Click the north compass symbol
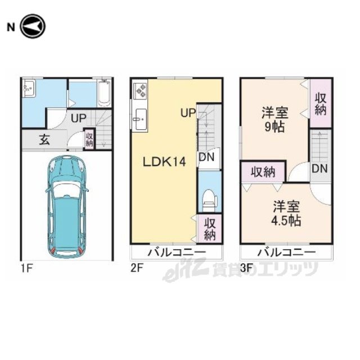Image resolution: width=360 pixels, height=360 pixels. click(x=33, y=26)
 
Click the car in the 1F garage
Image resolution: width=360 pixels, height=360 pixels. click(x=67, y=206)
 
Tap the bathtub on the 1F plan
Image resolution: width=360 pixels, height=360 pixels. click(x=104, y=93)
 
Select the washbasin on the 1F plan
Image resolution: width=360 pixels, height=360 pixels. click(x=29, y=88)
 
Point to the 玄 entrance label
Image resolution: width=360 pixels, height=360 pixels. click(x=44, y=140)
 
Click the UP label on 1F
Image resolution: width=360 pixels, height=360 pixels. click(x=79, y=119)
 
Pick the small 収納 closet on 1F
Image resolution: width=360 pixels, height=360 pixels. click(x=89, y=139)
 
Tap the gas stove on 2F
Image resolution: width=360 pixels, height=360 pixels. click(x=140, y=90)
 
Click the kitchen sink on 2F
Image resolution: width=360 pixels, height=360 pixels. click(x=139, y=119)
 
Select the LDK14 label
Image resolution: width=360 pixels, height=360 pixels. click(x=164, y=162)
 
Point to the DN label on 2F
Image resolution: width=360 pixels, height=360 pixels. click(x=206, y=157)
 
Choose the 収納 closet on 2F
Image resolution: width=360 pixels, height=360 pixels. click(x=210, y=229)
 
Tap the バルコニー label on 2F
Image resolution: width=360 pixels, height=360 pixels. click(x=177, y=253)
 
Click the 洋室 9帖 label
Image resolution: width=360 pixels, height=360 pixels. click(x=275, y=119)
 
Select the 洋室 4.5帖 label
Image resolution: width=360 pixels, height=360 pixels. click(x=286, y=214)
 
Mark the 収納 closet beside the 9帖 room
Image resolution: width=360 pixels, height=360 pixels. click(x=321, y=103)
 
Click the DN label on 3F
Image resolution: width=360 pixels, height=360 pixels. click(x=319, y=169)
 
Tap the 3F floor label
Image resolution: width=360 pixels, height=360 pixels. click(x=247, y=268)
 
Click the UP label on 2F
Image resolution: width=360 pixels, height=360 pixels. click(x=188, y=113)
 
